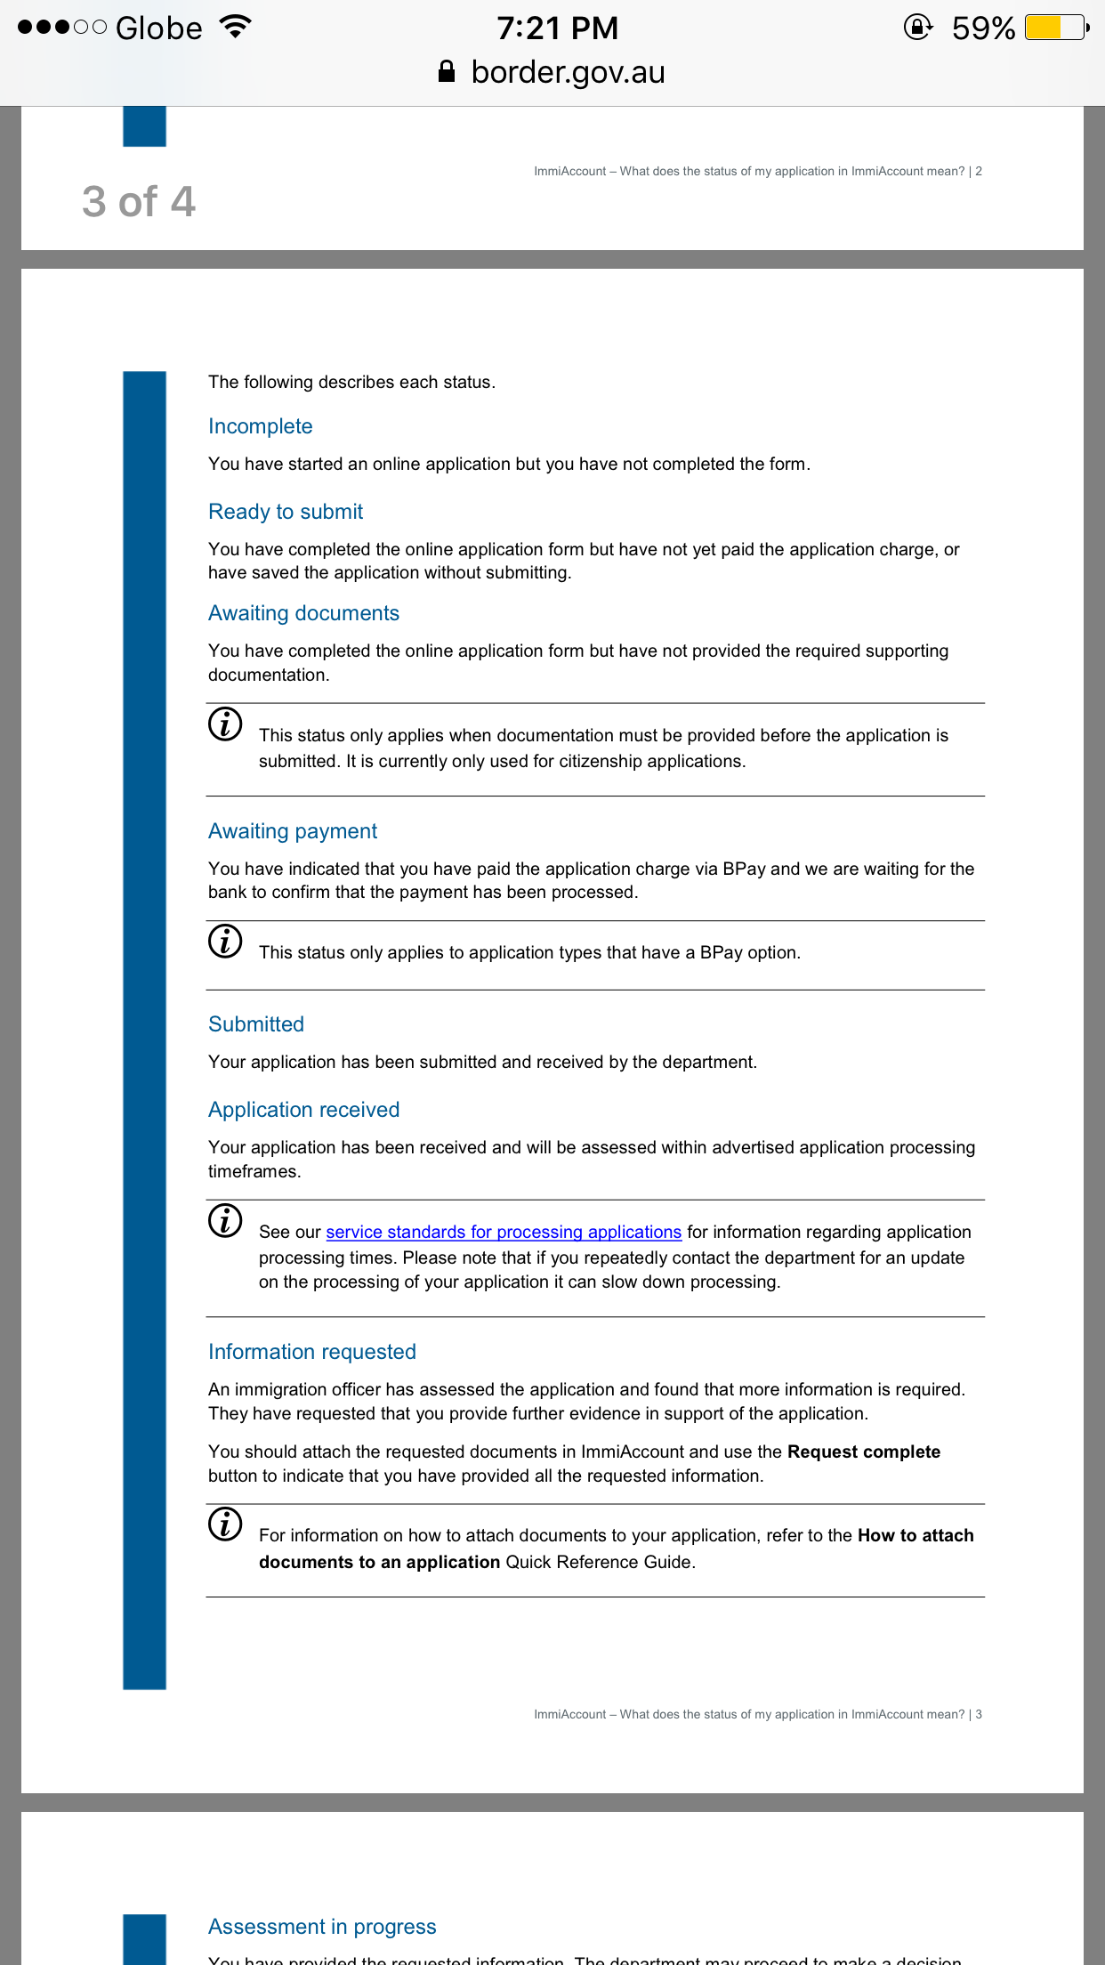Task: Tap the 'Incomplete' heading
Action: (260, 426)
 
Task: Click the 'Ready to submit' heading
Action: (286, 512)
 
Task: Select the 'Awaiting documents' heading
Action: (303, 613)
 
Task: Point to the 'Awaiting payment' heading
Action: (293, 831)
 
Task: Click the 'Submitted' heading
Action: (256, 1024)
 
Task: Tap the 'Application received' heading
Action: (303, 1110)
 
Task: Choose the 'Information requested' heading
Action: (311, 1352)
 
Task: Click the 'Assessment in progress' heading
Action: (322, 1927)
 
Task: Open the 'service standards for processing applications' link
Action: (504, 1232)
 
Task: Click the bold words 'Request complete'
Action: (863, 1452)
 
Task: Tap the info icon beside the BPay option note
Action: (225, 941)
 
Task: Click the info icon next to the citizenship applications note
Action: (225, 724)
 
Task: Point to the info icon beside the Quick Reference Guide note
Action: (225, 1524)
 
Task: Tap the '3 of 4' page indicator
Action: (139, 202)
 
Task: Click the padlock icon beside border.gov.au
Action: (447, 72)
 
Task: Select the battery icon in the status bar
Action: (1056, 28)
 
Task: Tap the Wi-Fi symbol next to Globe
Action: (236, 27)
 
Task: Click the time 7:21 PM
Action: (557, 28)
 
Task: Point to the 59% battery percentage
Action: (983, 28)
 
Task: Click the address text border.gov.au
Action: (568, 72)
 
